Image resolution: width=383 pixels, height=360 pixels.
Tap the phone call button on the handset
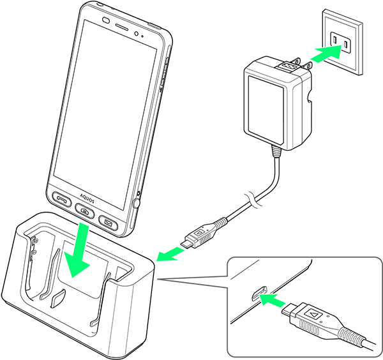click(61, 200)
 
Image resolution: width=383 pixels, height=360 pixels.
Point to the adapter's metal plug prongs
click(288, 64)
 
